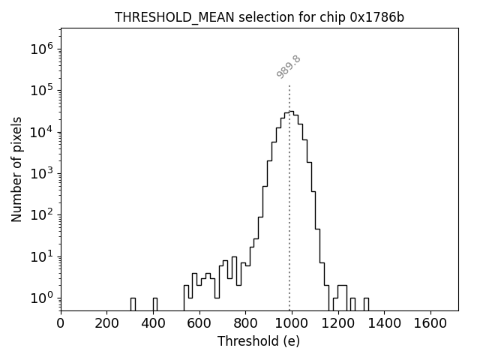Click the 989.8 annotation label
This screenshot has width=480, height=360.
point(288,67)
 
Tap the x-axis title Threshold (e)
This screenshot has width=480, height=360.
point(259,341)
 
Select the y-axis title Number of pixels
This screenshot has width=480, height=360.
point(16,169)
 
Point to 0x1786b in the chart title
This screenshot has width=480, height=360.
point(377,17)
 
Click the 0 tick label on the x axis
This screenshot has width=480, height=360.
point(61,323)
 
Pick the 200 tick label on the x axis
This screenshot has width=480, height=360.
point(107,323)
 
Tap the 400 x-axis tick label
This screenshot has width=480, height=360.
point(153,323)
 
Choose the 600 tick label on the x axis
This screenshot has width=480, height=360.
point(199,323)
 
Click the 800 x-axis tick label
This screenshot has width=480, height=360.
point(246,323)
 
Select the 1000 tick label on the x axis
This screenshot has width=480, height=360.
point(292,323)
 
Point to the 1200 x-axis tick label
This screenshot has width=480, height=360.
point(338,323)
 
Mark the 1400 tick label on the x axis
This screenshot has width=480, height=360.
point(384,323)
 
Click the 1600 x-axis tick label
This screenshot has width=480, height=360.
point(430,323)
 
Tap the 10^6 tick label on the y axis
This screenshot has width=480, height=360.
point(41,49)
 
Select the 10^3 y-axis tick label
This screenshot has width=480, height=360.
point(41,174)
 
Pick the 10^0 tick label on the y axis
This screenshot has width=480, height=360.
point(41,298)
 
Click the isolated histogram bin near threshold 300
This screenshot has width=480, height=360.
point(133,304)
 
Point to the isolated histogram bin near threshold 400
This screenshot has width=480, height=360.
point(154,304)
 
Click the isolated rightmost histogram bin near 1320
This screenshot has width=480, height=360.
point(366,304)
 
